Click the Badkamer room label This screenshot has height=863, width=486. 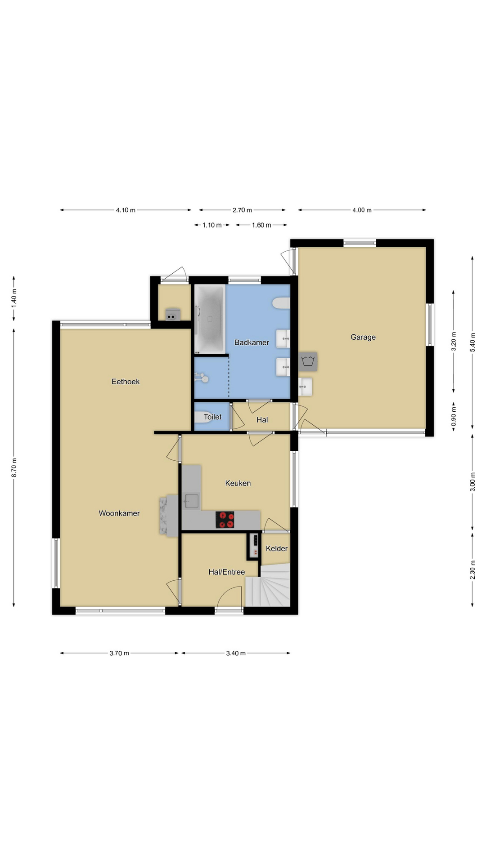click(x=252, y=343)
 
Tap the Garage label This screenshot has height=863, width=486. click(x=363, y=337)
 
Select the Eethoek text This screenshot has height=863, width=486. click(x=126, y=382)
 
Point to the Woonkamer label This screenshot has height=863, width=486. click(x=119, y=513)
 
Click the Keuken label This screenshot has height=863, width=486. click(x=238, y=483)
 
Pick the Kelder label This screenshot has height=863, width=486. click(x=277, y=548)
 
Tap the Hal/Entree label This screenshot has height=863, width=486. click(x=227, y=572)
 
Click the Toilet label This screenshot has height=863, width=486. click(x=212, y=417)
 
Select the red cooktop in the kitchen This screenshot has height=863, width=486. click(x=225, y=520)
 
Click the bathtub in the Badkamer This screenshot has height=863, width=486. click(x=210, y=319)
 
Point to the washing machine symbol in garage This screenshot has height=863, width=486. click(x=308, y=361)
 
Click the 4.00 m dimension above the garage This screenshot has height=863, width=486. click(x=362, y=210)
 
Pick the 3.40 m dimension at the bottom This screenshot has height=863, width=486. click(x=236, y=653)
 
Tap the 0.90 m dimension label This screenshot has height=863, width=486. click(x=454, y=417)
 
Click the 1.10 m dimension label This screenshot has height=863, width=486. click(x=212, y=225)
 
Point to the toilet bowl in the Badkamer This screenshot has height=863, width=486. click(x=281, y=303)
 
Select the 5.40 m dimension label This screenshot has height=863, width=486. click(x=472, y=342)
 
